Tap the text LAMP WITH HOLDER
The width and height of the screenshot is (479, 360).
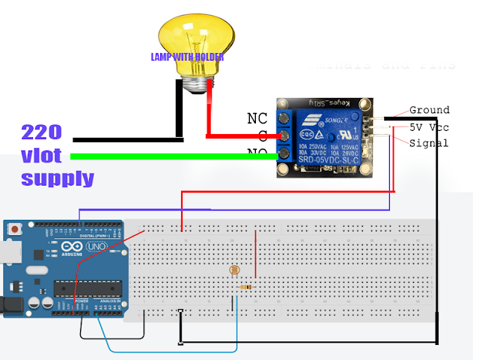point(187,57)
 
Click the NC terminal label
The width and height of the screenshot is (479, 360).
point(257,118)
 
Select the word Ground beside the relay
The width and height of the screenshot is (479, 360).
point(429,110)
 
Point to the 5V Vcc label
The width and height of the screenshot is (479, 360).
point(429,126)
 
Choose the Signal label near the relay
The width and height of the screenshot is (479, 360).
point(429,143)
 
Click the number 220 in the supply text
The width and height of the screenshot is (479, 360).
point(41,132)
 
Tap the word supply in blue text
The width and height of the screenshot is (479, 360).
point(58,178)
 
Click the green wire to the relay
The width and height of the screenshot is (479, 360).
point(172,156)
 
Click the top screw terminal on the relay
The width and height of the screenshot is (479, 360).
point(284,118)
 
